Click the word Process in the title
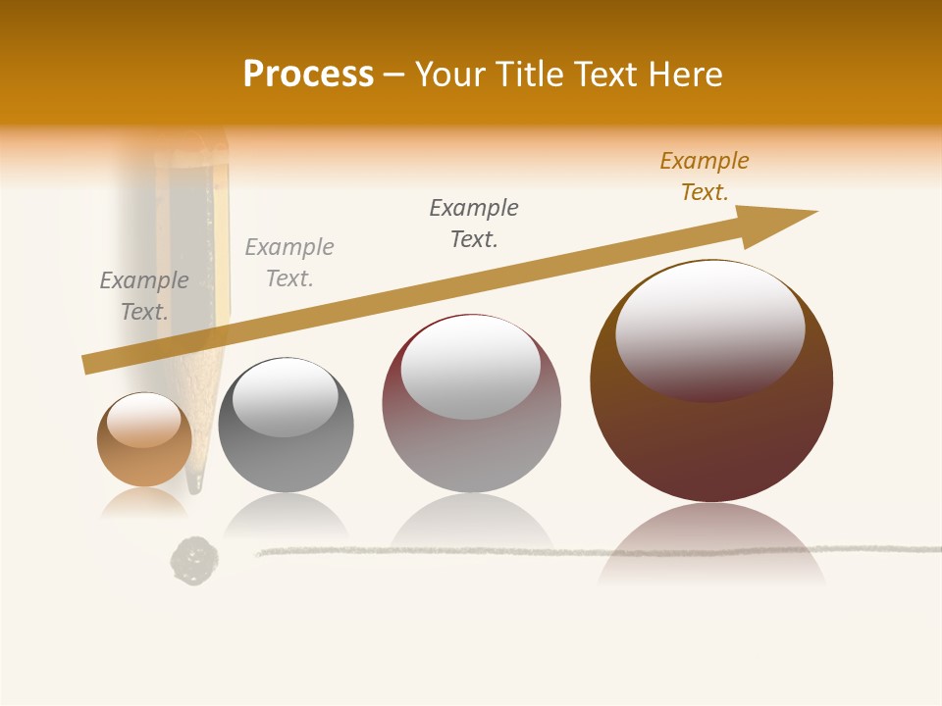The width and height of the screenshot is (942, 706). pos(308,75)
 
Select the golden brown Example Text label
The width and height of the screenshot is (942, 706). pos(705,176)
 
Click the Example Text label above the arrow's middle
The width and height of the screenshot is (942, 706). pos(474,224)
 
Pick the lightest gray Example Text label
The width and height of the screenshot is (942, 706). pos(289,263)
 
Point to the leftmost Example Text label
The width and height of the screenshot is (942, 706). pos(144,296)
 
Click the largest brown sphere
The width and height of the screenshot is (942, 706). pos(711,431)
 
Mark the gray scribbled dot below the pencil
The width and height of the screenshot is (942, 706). pos(194,560)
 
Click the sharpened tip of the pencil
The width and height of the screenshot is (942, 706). pos(196,484)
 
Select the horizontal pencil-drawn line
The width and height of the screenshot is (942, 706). pos(589,551)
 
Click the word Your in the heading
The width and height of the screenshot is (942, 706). pos(451,75)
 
